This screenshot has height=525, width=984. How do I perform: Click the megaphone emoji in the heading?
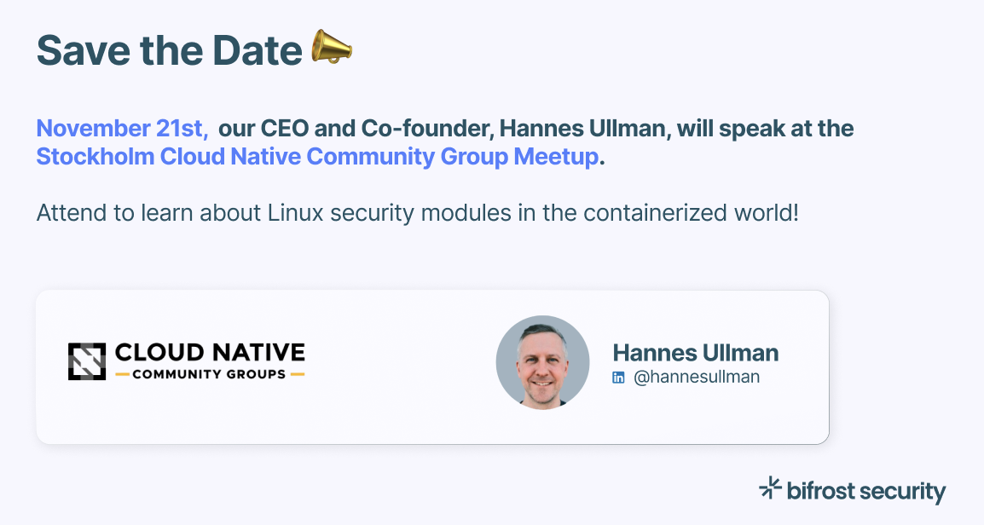(332, 48)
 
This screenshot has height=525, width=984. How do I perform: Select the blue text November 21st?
(121, 129)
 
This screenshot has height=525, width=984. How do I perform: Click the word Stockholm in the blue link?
(96, 158)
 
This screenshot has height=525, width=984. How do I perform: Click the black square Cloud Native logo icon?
(87, 361)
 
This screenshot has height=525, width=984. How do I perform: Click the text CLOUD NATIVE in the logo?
(210, 353)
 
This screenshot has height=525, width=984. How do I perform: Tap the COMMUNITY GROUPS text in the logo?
(210, 374)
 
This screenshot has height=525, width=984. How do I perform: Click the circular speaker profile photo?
(542, 362)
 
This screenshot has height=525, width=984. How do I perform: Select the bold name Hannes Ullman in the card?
(695, 353)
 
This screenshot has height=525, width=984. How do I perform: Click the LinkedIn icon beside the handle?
(619, 378)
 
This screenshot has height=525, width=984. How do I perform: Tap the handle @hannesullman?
(696, 377)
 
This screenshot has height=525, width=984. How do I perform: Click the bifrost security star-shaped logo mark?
(770, 487)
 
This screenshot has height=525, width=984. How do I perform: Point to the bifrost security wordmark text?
(866, 492)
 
